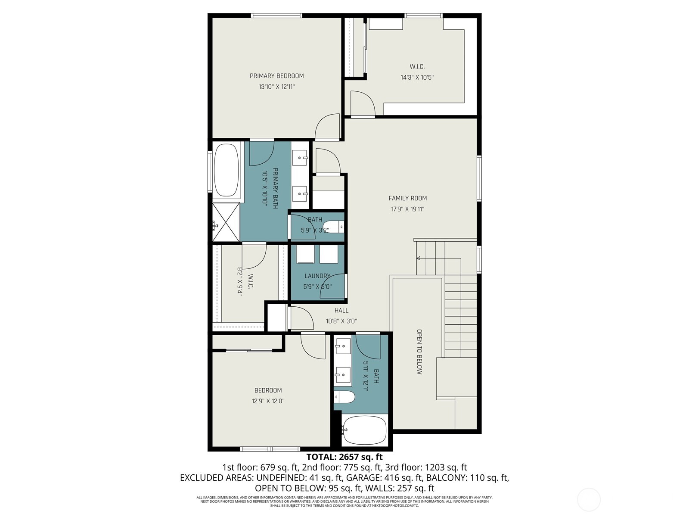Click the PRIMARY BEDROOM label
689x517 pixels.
tap(276, 76)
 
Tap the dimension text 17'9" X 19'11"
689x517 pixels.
tap(407, 209)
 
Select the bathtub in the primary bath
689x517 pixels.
tap(226, 170)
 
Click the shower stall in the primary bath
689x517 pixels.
tap(226, 222)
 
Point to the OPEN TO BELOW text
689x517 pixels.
tap(419, 352)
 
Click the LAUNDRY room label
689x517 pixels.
tap(317, 276)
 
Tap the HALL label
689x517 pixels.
tap(341, 310)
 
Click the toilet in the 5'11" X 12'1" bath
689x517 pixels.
tap(344, 397)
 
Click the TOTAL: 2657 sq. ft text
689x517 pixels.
tap(344, 457)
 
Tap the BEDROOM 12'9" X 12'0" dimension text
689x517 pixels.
tap(268, 401)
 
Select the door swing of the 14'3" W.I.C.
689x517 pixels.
tap(362, 103)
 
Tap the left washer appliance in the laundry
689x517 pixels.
tap(305, 254)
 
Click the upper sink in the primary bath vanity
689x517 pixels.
tap(300, 159)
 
